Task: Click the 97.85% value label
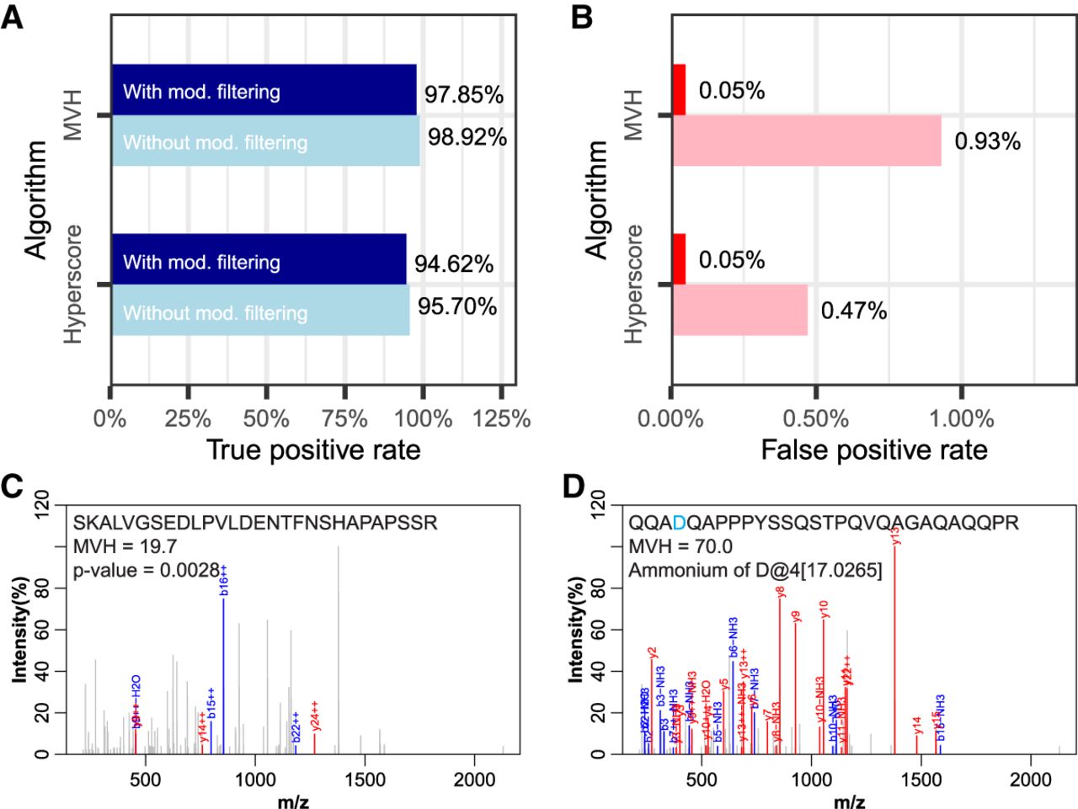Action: (463, 94)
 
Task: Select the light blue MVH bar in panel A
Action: (265, 141)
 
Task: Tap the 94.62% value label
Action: (453, 264)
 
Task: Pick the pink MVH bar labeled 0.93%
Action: (806, 141)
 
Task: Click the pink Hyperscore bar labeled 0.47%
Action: (739, 311)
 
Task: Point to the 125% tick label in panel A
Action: (502, 418)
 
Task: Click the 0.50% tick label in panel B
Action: (816, 418)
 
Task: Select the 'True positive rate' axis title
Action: (313, 450)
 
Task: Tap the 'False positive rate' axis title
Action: (874, 450)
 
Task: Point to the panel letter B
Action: (581, 17)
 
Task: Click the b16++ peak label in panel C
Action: (224, 580)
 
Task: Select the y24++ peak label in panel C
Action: (315, 716)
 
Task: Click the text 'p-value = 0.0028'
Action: (147, 570)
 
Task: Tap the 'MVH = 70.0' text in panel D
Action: (680, 546)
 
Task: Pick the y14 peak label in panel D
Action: (917, 725)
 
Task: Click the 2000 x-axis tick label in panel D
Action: (1031, 780)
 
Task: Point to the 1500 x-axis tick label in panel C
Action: (364, 780)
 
